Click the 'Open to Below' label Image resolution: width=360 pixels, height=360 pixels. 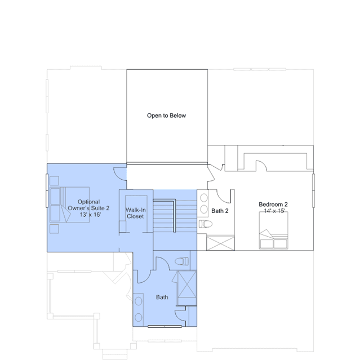(x=166, y=115)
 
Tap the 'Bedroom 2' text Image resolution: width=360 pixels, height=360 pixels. (x=273, y=205)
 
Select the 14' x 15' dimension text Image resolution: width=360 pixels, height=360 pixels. (x=274, y=211)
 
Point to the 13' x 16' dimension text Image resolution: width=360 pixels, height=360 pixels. (x=90, y=215)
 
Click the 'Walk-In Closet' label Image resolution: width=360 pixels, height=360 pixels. (x=135, y=213)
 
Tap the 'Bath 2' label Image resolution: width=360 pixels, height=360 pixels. (x=220, y=211)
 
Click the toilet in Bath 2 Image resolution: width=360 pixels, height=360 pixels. (x=206, y=224)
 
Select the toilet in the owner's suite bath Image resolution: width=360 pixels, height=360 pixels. (x=182, y=261)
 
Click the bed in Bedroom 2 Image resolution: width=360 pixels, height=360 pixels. (x=273, y=230)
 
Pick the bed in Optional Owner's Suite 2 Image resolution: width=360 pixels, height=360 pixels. (x=69, y=205)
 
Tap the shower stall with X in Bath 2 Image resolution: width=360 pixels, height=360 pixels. (x=220, y=243)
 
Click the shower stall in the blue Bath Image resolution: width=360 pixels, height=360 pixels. (x=187, y=285)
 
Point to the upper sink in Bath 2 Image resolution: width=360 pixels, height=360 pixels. (x=204, y=198)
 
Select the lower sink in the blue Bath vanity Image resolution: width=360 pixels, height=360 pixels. (x=138, y=318)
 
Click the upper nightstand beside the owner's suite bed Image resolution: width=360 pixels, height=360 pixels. (x=54, y=181)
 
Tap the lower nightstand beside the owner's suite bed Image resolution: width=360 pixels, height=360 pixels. (x=54, y=229)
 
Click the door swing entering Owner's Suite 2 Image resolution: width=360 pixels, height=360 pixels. (x=119, y=175)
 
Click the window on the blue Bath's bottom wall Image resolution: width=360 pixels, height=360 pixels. (x=165, y=326)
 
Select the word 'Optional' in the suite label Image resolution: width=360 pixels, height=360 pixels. (x=88, y=202)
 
